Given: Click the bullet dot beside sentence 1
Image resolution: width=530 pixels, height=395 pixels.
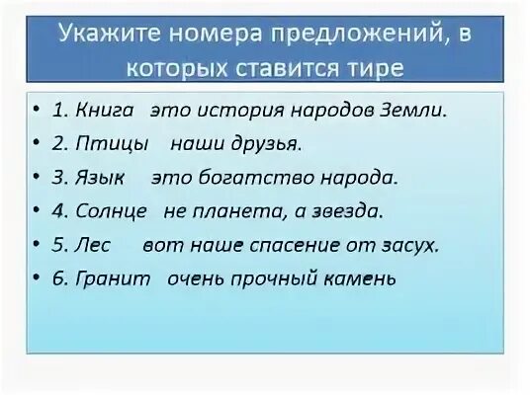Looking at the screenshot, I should pyautogui.click(x=36, y=111).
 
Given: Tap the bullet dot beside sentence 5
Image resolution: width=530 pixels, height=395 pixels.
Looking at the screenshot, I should pyautogui.click(x=36, y=245).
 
